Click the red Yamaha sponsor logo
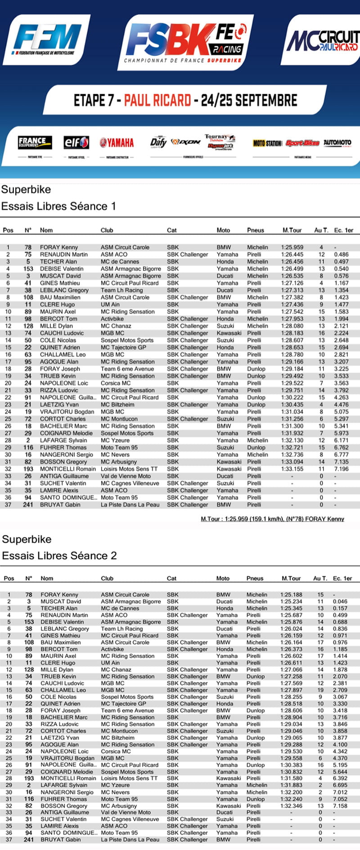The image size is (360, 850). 117,143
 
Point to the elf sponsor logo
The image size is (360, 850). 76,143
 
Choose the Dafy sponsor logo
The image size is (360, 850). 158,142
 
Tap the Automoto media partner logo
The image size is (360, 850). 337,143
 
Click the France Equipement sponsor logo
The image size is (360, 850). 35,143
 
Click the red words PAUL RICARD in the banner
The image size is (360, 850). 157,100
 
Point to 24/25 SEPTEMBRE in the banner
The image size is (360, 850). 249,100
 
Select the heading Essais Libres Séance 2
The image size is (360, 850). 59,555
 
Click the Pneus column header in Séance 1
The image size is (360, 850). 256,230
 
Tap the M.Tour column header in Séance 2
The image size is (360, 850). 291,578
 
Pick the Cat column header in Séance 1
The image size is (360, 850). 172,230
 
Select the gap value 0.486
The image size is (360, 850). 341,255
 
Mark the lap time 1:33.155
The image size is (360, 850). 292,469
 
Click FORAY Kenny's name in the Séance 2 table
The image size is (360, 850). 59,595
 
